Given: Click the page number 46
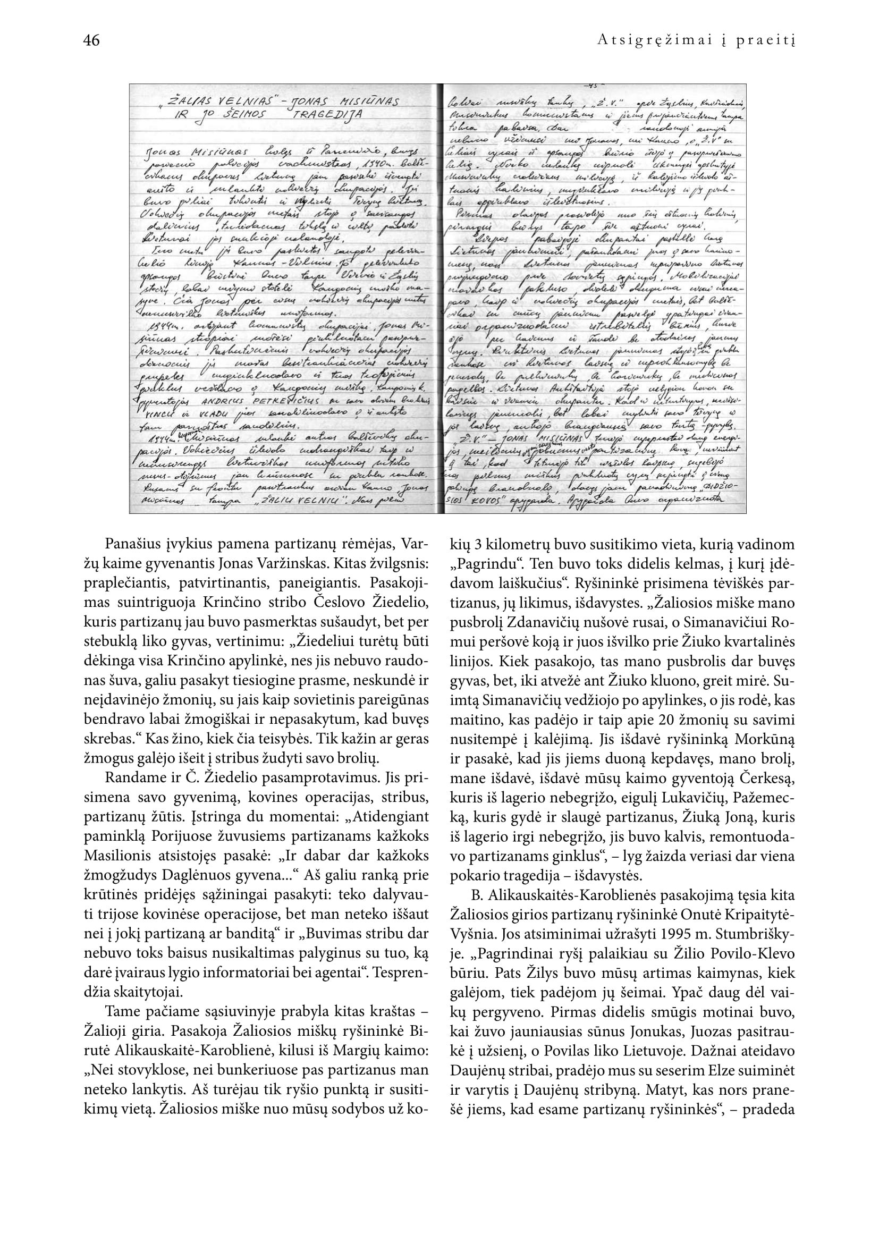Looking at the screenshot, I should (91, 40).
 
